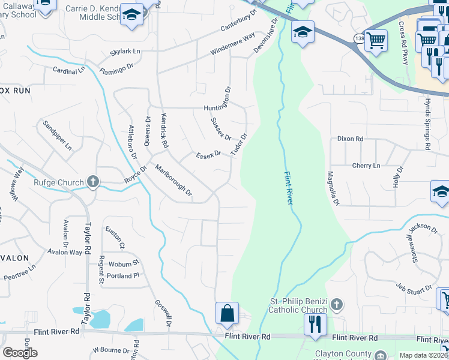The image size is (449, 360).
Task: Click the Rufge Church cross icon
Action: [92, 182]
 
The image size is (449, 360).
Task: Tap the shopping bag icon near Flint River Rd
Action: [228, 313]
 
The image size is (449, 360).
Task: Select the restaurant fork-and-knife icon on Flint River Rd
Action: [315, 324]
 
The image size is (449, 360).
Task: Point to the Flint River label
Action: [288, 187]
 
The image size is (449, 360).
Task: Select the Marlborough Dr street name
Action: [173, 180]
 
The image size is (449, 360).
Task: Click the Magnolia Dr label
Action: [333, 189]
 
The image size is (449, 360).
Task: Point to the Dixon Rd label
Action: [351, 139]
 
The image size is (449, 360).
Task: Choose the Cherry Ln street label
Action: [366, 166]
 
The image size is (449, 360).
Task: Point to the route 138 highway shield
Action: [359, 38]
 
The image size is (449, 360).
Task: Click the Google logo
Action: [20, 353]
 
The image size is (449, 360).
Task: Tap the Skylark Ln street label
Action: [125, 52]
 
